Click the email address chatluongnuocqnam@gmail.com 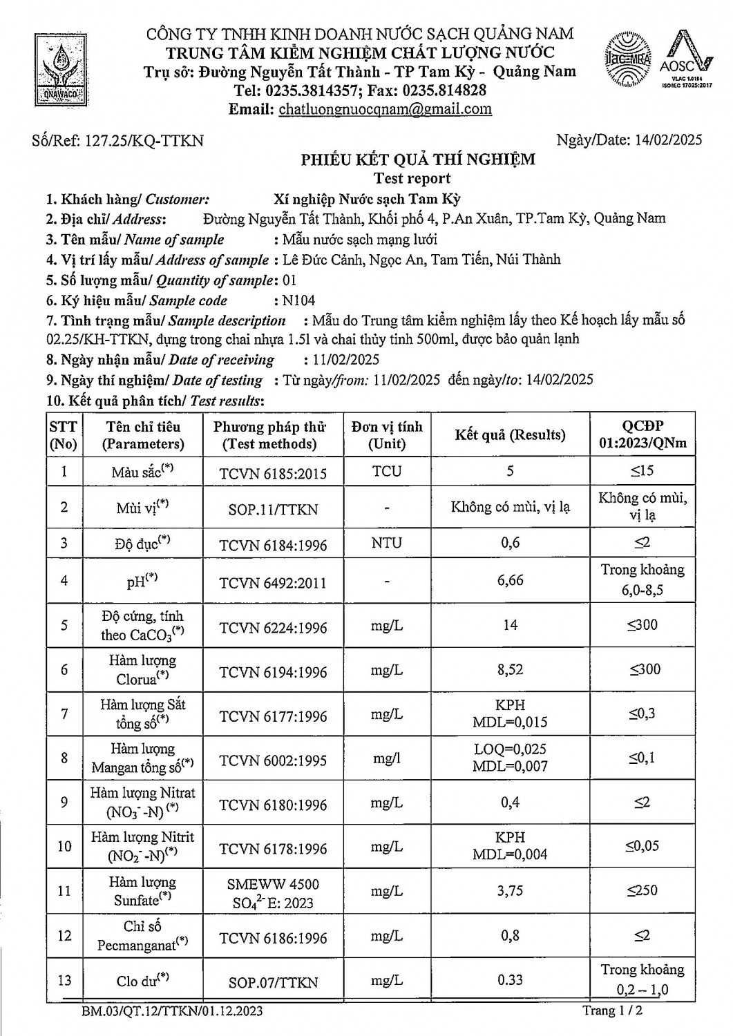click(385, 108)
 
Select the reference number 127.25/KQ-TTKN click(144, 141)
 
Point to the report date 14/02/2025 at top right click(668, 140)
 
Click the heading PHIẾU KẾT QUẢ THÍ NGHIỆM click(417, 160)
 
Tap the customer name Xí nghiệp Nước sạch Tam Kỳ click(368, 200)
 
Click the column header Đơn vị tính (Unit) click(387, 435)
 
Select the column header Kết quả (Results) click(510, 435)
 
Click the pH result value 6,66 click(510, 580)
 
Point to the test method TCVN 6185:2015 click(273, 473)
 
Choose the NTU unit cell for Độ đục click(386, 543)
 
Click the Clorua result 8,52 click(510, 669)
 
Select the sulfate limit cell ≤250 click(642, 891)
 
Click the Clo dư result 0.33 click(510, 980)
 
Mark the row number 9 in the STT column click(64, 803)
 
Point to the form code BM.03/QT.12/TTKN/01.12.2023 click(171, 1012)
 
